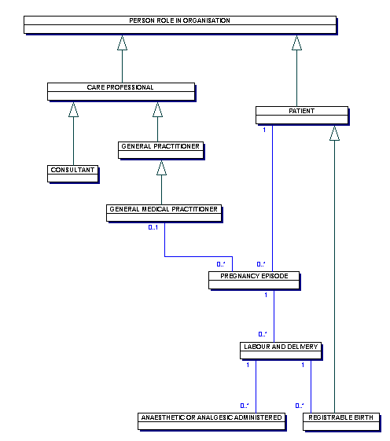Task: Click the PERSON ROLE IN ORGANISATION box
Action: [180, 24]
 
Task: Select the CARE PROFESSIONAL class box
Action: [121, 91]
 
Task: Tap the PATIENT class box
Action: [302, 115]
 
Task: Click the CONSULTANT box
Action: [72, 174]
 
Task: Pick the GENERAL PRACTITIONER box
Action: [160, 150]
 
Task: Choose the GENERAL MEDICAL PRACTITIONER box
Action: [164, 213]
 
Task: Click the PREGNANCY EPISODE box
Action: [254, 280]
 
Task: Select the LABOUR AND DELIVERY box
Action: [281, 351]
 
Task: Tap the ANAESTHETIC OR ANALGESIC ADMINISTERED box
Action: [212, 421]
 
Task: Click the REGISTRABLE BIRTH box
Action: [341, 421]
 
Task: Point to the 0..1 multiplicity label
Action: [153, 227]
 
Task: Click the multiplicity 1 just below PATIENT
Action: [264, 130]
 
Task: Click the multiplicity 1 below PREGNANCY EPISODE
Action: [266, 295]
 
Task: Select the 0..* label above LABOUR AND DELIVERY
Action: [263, 334]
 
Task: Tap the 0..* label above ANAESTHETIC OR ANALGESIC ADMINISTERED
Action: [245, 406]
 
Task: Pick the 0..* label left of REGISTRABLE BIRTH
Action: [299, 406]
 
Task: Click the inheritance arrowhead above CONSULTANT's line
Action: [73, 109]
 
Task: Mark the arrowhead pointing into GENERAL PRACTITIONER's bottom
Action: [161, 168]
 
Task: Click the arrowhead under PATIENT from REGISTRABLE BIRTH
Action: [335, 133]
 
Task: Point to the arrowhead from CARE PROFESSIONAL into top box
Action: [122, 42]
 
